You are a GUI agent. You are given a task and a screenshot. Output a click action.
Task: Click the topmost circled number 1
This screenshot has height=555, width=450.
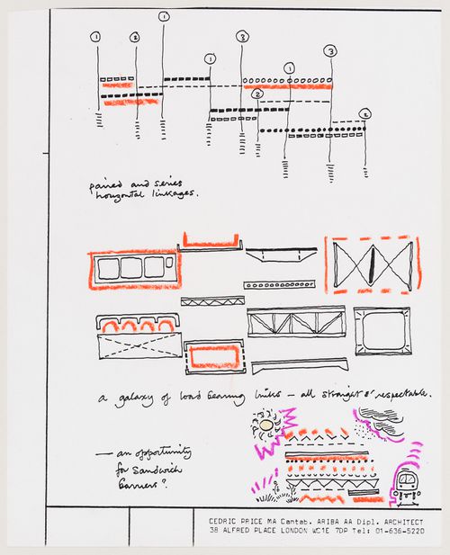(x=163, y=16)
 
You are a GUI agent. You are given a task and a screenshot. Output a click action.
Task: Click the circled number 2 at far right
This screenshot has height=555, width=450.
(x=364, y=113)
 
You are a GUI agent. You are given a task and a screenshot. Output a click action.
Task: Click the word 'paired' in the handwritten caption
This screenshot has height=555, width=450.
(x=105, y=184)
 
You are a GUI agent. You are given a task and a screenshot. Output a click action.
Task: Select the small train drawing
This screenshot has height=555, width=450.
(x=408, y=485)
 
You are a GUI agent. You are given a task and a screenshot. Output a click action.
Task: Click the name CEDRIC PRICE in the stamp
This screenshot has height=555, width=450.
(x=234, y=521)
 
